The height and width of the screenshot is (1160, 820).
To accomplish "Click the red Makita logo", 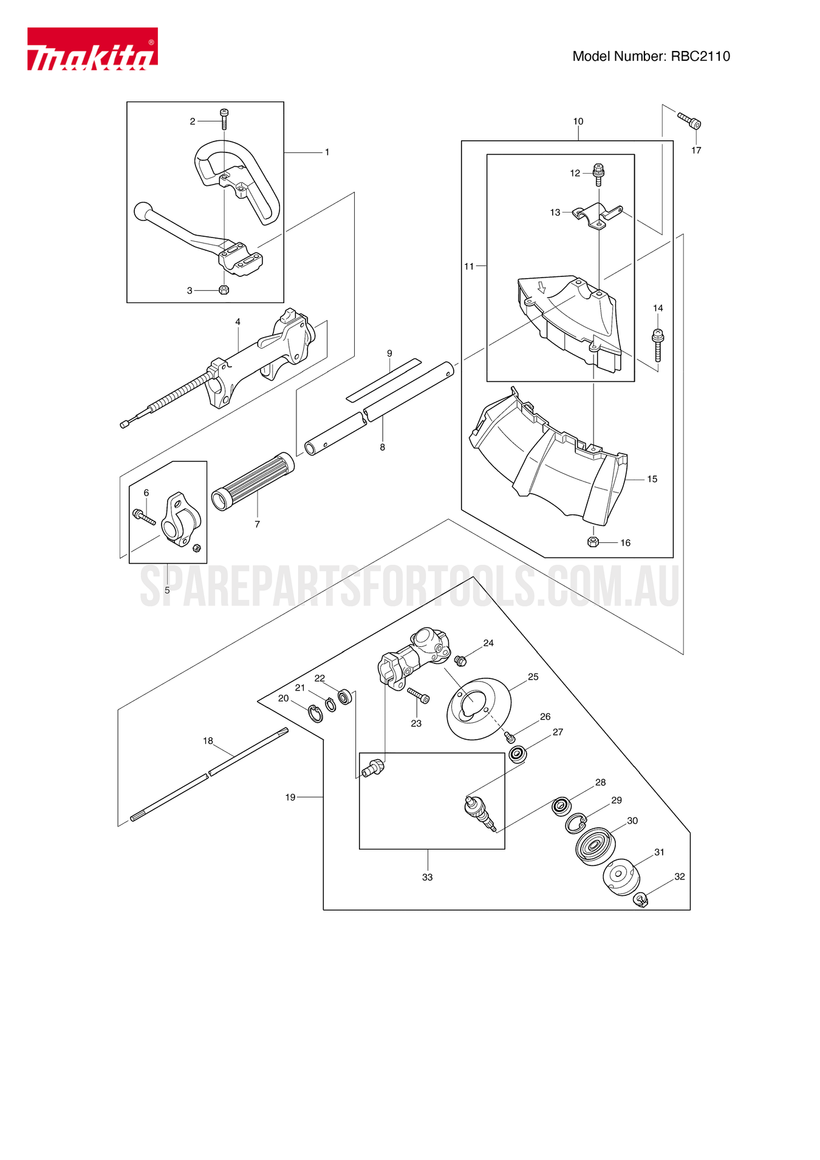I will pyautogui.click(x=92, y=49).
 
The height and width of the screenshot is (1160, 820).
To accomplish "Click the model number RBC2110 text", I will pyautogui.click(x=651, y=56).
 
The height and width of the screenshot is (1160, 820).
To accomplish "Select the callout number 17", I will pyautogui.click(x=696, y=151).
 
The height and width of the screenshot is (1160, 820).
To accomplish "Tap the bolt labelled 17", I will pyautogui.click(x=689, y=120).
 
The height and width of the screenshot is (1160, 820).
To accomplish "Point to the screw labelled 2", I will pyautogui.click(x=224, y=118).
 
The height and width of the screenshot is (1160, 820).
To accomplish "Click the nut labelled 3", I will pyautogui.click(x=224, y=290).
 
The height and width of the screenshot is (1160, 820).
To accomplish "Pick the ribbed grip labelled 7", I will pyautogui.click(x=253, y=482).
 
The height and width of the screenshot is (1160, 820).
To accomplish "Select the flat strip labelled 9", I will pyautogui.click(x=383, y=380).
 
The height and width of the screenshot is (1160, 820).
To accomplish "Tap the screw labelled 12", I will pyautogui.click(x=598, y=174).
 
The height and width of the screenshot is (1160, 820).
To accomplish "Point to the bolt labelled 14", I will pyautogui.click(x=658, y=344).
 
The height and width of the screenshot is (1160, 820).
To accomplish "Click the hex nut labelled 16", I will pyautogui.click(x=593, y=542).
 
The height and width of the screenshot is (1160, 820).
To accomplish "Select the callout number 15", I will pyautogui.click(x=652, y=479).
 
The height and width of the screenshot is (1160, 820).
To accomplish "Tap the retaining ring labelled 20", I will pyautogui.click(x=315, y=714).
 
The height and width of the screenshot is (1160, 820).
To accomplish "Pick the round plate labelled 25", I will pyautogui.click(x=479, y=708).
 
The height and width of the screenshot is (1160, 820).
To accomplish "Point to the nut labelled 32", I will pyautogui.click(x=641, y=899).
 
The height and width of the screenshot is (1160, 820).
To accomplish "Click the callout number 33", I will pyautogui.click(x=428, y=877).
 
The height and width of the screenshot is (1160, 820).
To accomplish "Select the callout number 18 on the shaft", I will pyautogui.click(x=208, y=741).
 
